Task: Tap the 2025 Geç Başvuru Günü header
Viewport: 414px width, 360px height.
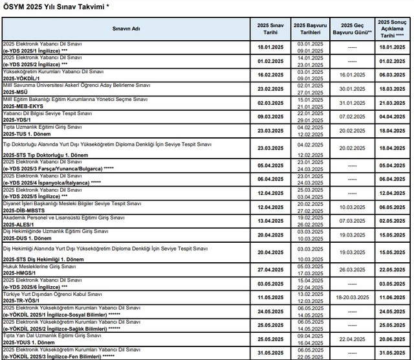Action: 352,29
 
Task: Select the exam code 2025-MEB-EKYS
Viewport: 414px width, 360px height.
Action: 25,106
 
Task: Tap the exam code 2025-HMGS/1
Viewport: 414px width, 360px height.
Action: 21,273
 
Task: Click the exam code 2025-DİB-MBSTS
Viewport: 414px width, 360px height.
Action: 25,210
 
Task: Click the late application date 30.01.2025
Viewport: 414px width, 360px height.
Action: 352,89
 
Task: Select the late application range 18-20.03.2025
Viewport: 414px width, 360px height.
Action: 352,297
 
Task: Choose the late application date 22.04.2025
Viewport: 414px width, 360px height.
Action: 352,339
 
